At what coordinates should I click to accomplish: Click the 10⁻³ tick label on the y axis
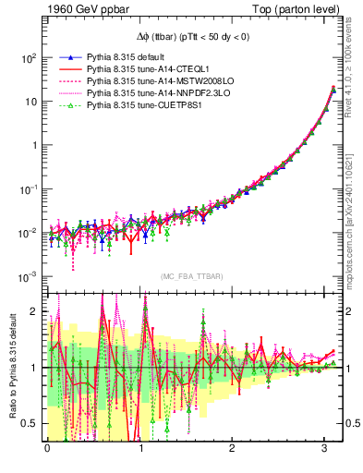pyautogui.click(x=28, y=277)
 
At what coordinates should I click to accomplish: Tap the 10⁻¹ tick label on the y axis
pyautogui.click(x=28, y=189)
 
